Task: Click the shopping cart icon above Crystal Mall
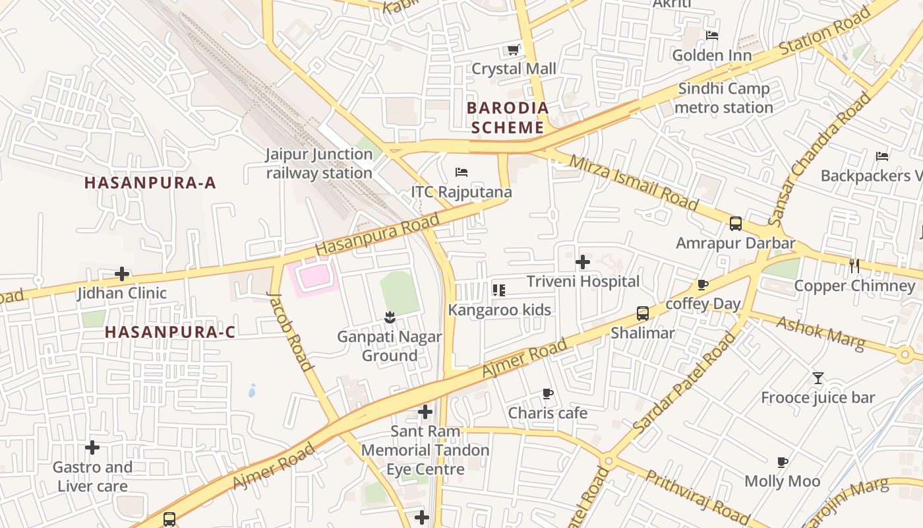pyautogui.click(x=513, y=49)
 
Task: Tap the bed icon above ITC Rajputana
pyautogui.click(x=461, y=173)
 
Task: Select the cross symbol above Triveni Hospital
pyautogui.click(x=583, y=262)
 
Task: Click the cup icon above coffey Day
pyautogui.click(x=703, y=285)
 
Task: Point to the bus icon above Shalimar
pyautogui.click(x=643, y=313)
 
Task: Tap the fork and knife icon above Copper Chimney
pyautogui.click(x=854, y=266)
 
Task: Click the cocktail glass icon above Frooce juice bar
pyautogui.click(x=818, y=378)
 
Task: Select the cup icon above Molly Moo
pyautogui.click(x=783, y=462)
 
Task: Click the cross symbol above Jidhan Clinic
pyautogui.click(x=122, y=274)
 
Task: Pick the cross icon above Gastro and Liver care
pyautogui.click(x=92, y=448)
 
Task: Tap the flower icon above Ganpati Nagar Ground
pyautogui.click(x=390, y=317)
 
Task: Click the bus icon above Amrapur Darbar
pyautogui.click(x=736, y=224)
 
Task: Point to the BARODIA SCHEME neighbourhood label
pyautogui.click(x=507, y=117)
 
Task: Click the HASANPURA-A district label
pyautogui.click(x=150, y=183)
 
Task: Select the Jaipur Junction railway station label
pyautogui.click(x=320, y=164)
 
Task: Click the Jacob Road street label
pyautogui.click(x=290, y=331)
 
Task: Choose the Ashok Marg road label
pyautogui.click(x=820, y=333)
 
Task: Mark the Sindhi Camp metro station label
pyautogui.click(x=724, y=98)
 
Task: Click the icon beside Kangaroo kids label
pyautogui.click(x=498, y=290)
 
